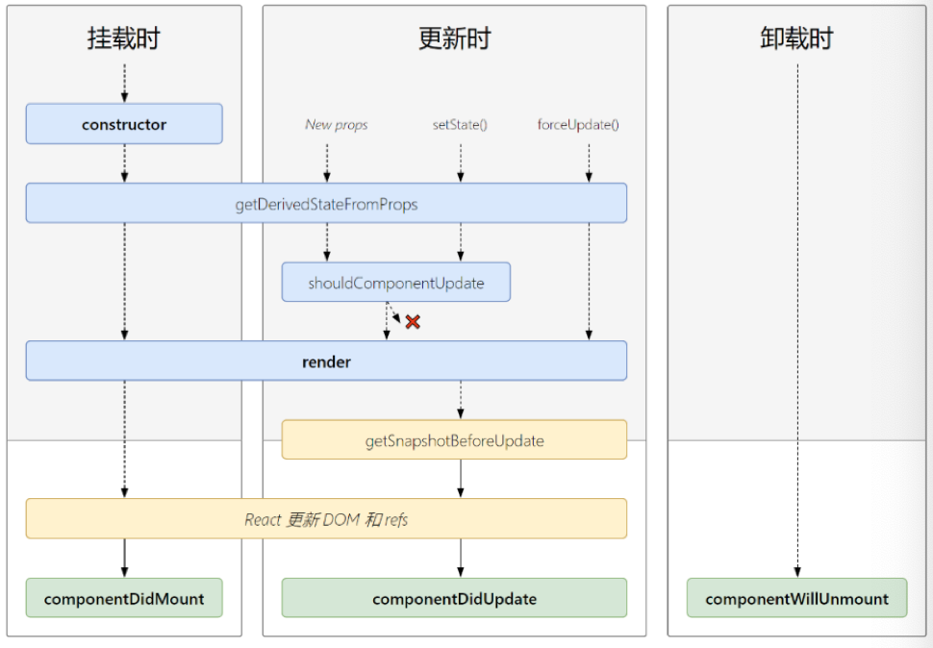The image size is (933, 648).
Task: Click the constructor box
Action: click(x=124, y=124)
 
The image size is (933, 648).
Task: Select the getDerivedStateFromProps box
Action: click(x=326, y=203)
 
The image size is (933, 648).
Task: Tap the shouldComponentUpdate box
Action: click(x=395, y=283)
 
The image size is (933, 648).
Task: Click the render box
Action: click(x=326, y=361)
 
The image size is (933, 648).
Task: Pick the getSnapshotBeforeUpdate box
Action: click(x=454, y=440)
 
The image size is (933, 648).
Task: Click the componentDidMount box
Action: click(x=124, y=598)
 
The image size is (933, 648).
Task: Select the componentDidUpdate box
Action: click(x=454, y=598)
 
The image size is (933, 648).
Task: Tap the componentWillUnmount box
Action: click(x=796, y=598)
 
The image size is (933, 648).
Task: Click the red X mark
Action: click(x=413, y=322)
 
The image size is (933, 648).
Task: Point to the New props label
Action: click(x=337, y=124)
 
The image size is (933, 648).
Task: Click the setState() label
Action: click(x=460, y=124)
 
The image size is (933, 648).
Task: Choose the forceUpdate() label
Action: click(x=578, y=124)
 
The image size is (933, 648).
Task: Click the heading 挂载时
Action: click(x=124, y=38)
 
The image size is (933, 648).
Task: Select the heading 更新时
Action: click(x=454, y=38)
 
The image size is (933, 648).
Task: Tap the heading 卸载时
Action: click(x=796, y=38)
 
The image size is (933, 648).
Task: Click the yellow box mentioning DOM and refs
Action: click(x=326, y=519)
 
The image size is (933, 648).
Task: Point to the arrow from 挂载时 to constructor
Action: click(x=124, y=84)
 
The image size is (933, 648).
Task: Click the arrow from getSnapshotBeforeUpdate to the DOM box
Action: click(x=461, y=479)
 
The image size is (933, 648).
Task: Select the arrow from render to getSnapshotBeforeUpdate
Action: click(x=461, y=400)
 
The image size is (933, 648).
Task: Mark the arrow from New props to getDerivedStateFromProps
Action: click(x=327, y=162)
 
